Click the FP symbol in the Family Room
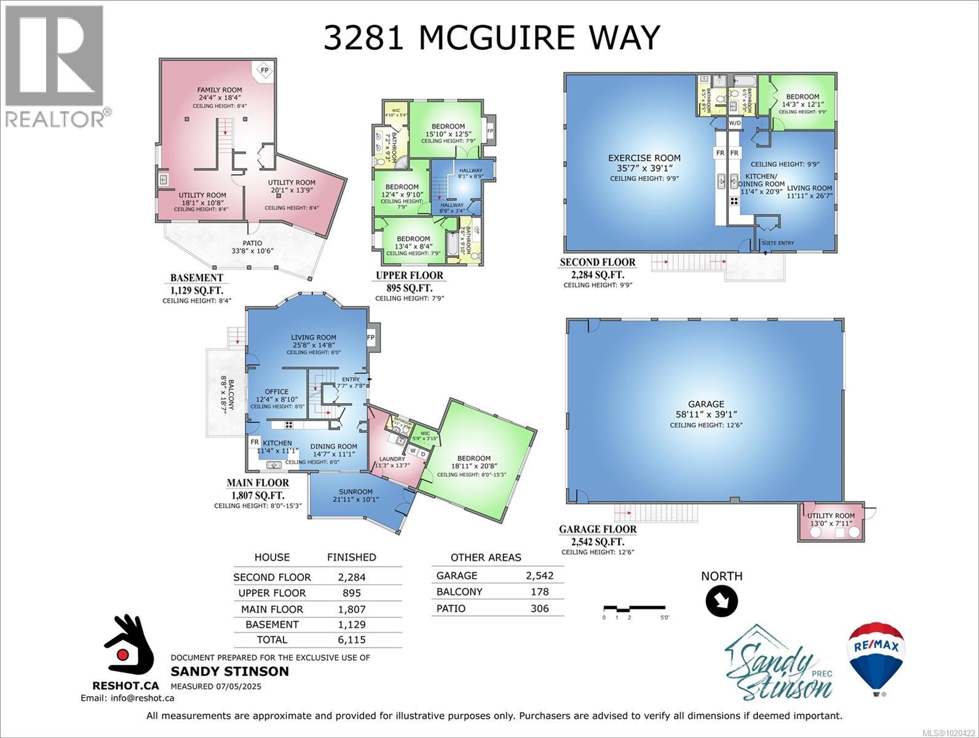coord(264,69)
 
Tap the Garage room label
coord(705,404)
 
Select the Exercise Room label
coord(644,158)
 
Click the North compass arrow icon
coord(721,601)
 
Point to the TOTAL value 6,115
coord(351,640)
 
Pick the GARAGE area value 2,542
coord(539,576)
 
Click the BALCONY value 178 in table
coord(539,592)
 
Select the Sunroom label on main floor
coord(355,491)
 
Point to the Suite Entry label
coord(777,243)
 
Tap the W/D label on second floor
coord(735,123)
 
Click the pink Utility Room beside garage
coord(831,520)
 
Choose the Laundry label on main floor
coord(392,459)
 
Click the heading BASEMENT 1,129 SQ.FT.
coord(197,284)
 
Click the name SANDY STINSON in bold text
coord(229,671)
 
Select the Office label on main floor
coord(276,392)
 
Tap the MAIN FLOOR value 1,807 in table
coord(351,609)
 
